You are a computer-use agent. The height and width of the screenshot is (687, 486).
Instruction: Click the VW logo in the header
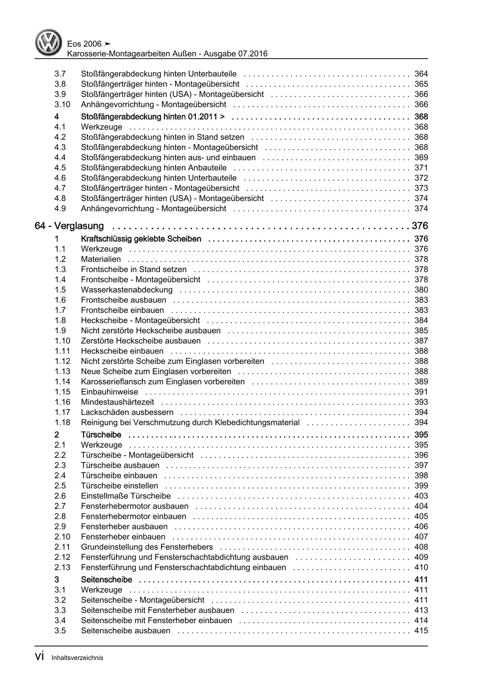[49, 43]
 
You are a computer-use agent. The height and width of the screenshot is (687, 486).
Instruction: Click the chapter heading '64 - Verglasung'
[69, 226]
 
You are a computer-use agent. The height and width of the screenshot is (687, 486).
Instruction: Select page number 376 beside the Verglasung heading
[420, 226]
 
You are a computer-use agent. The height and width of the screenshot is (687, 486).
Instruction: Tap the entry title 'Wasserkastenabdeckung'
[127, 290]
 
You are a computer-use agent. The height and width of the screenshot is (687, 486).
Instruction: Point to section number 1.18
[62, 422]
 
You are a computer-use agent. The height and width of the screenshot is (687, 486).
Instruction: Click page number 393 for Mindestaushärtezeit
[421, 402]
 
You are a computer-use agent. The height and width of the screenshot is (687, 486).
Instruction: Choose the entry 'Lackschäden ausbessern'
[127, 412]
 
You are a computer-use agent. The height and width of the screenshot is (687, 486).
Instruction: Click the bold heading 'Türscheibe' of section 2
[101, 435]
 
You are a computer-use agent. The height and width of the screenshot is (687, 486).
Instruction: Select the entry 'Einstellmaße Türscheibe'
[126, 496]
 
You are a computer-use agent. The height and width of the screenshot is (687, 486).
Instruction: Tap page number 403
[421, 496]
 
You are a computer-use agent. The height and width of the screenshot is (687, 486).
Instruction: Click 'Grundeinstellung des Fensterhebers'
[147, 547]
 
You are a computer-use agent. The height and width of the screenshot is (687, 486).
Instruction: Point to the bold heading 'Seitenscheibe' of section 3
[106, 580]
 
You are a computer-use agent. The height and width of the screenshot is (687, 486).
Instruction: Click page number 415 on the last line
[421, 631]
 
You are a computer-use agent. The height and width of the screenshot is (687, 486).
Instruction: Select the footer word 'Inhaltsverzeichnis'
[77, 658]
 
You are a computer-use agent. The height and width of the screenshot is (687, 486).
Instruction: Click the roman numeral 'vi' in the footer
[40, 657]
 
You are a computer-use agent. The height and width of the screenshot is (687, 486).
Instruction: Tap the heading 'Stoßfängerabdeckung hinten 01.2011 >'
[153, 117]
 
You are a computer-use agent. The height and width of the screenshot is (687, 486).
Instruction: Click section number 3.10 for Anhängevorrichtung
[62, 105]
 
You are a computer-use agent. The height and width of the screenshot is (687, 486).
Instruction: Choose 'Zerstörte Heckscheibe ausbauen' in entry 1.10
[141, 341]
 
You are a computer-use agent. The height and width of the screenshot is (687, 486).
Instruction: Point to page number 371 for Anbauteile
[421, 168]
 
